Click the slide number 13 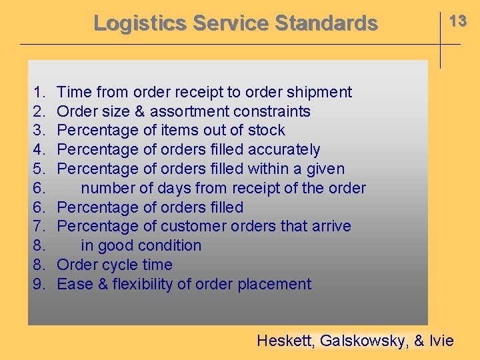(458, 21)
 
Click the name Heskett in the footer (285, 341)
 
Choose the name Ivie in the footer (441, 341)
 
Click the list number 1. (39, 92)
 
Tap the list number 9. (39, 284)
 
